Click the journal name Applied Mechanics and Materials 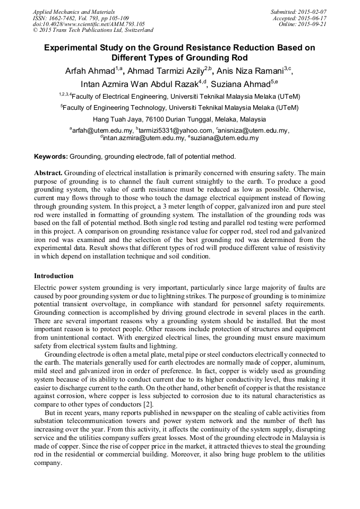click(74, 11)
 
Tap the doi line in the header click(89, 24)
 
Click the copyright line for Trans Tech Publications click(93, 30)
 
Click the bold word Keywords click(50, 157)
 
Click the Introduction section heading click(54, 276)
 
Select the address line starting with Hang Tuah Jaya click(179, 119)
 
